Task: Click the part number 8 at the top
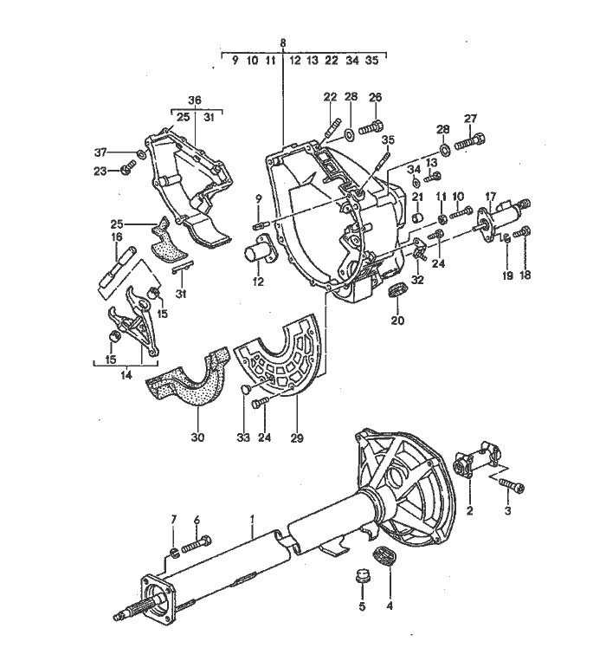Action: click(283, 42)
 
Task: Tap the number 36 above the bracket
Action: click(195, 100)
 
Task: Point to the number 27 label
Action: click(470, 119)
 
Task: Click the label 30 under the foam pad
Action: click(197, 437)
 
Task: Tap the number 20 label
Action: click(397, 321)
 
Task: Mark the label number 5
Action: click(363, 606)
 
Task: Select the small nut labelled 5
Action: click(364, 575)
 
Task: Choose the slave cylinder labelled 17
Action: click(501, 217)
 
